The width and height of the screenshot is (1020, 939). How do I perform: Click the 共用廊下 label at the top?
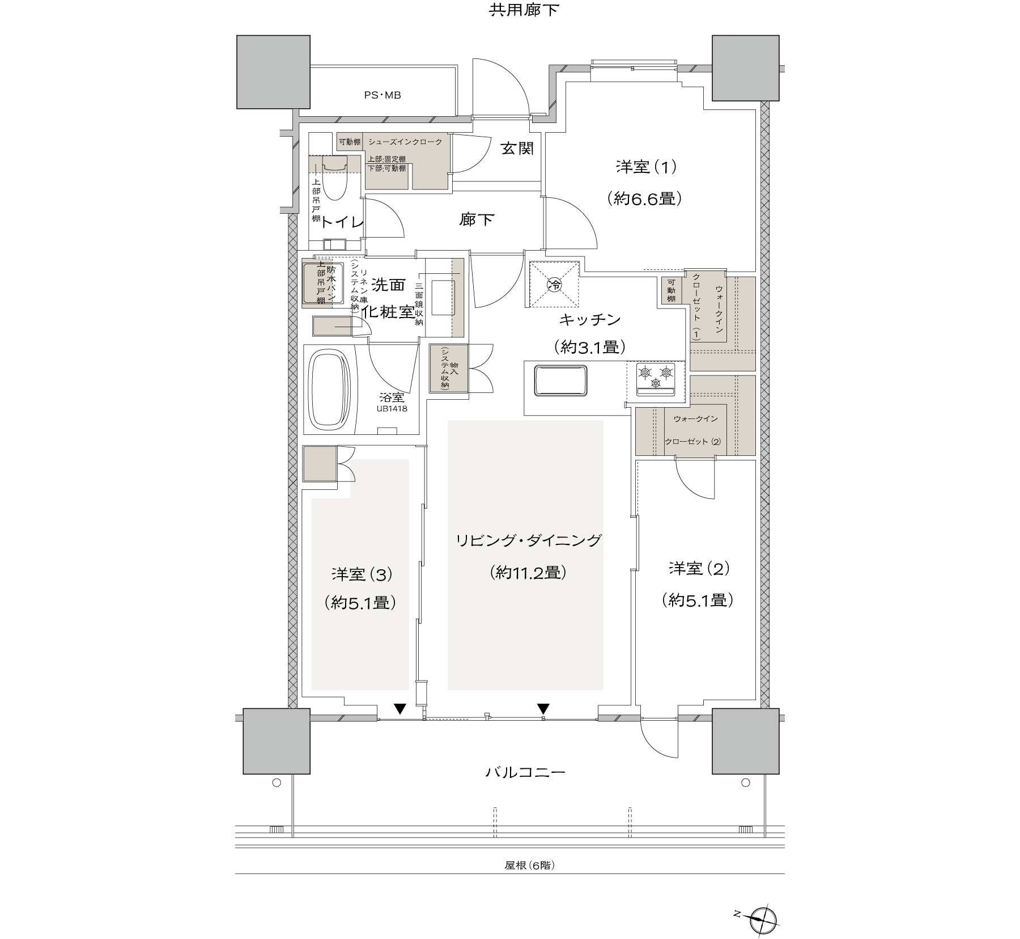click(x=524, y=10)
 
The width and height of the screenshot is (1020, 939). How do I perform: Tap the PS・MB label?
click(x=382, y=95)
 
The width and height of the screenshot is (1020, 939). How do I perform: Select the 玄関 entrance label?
click(x=517, y=149)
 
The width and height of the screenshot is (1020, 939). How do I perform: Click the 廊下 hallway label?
click(x=477, y=219)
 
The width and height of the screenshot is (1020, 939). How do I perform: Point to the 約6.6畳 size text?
click(x=644, y=198)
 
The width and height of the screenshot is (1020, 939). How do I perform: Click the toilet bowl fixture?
click(x=335, y=176)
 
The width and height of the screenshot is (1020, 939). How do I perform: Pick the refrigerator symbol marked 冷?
click(x=554, y=284)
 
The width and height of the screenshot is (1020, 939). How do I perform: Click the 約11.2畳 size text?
click(x=528, y=573)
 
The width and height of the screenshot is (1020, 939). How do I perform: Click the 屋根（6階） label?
click(x=530, y=865)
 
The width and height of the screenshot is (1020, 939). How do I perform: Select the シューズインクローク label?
click(x=405, y=142)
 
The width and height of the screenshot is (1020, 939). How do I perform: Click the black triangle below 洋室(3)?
click(x=400, y=708)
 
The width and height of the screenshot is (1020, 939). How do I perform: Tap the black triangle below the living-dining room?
click(x=543, y=708)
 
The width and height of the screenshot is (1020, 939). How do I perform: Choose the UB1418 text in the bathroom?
click(x=392, y=408)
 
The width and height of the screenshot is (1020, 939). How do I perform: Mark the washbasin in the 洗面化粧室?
click(x=443, y=297)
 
